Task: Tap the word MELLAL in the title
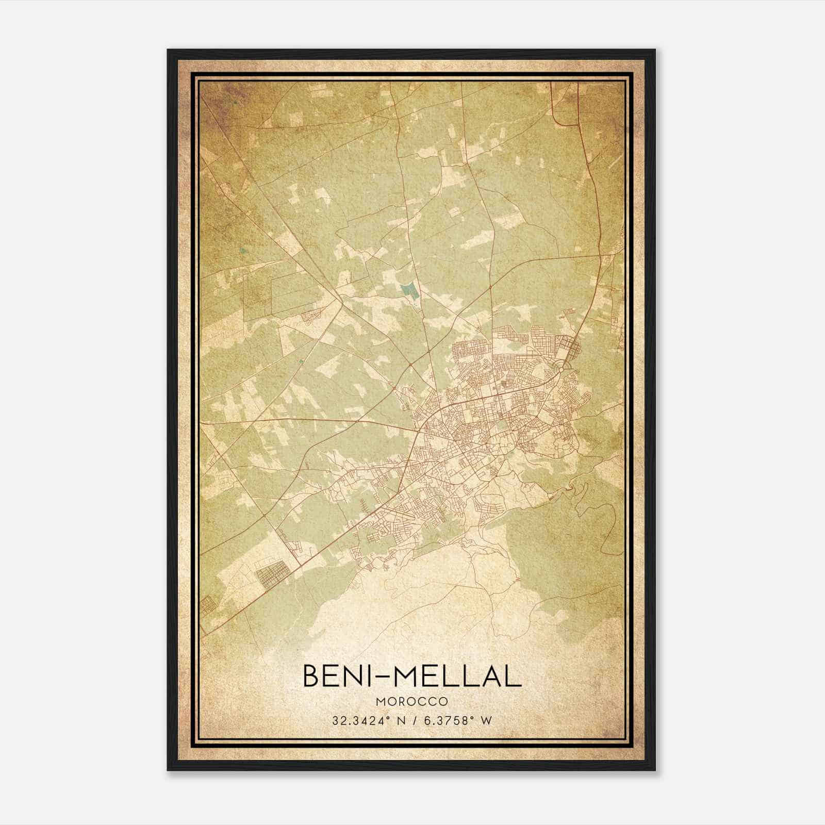[x=458, y=676]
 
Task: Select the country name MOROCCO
[x=412, y=702]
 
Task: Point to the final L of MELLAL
[x=514, y=676]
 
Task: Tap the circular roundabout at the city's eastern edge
[x=563, y=368]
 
